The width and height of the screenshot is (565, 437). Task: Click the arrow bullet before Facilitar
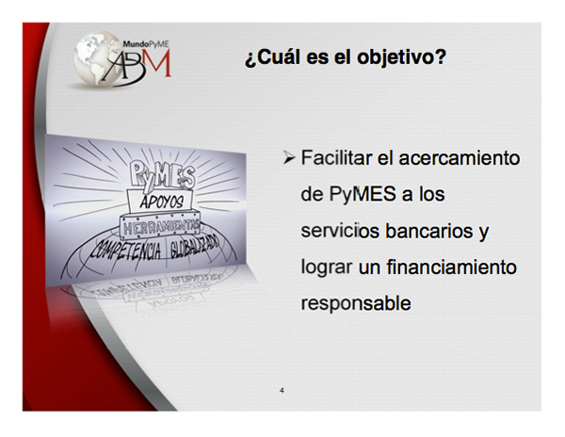pos(289,157)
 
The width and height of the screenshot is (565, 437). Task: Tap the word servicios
pos(340,231)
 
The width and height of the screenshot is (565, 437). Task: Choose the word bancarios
pos(429,231)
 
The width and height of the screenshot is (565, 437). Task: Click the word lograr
pos(327,267)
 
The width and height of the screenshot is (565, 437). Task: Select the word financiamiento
pos(451,267)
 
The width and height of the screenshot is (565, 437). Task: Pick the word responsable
pos(356,303)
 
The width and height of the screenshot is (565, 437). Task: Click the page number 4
pos(282,390)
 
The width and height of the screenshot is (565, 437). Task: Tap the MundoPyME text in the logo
pos(146,44)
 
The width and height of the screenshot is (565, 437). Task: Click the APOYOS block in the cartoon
pos(161,201)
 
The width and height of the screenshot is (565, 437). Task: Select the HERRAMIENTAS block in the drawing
pos(160,227)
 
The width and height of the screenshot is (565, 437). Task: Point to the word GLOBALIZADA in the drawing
pos(195,248)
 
